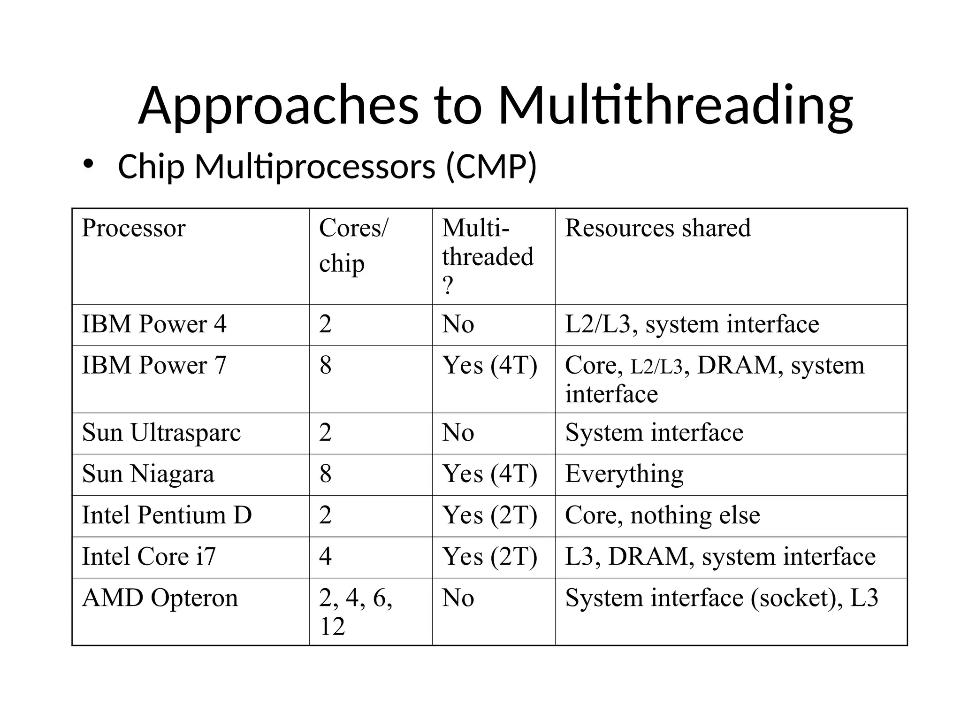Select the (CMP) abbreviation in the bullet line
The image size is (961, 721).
[491, 167]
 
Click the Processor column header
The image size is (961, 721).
[134, 228]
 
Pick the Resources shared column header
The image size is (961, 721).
[658, 228]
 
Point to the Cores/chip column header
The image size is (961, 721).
[353, 245]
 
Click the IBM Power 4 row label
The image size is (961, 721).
[154, 324]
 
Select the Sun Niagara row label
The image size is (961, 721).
[148, 474]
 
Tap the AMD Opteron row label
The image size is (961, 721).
[160, 598]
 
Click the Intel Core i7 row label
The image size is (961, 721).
[149, 557]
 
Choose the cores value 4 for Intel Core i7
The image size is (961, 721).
[325, 557]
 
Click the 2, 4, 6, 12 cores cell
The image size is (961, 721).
[355, 612]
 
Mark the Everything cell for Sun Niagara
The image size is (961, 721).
[624, 474]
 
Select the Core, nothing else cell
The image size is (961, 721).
[662, 515]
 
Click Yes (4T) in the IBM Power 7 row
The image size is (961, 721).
[489, 366]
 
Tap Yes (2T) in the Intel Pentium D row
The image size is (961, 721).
[489, 515]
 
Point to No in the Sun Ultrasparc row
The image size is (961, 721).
[458, 433]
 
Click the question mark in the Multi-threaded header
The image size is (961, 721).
[448, 285]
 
